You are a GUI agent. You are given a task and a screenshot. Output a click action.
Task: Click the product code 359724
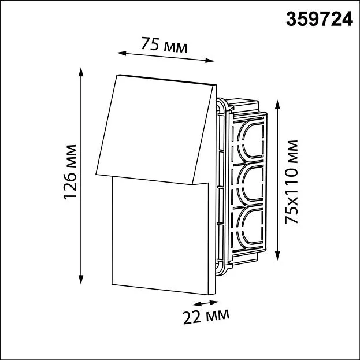pos(319,19)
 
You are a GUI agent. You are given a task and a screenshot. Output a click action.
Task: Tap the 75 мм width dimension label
pos(164,45)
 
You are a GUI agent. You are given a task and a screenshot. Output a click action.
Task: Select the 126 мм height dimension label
pos(70,172)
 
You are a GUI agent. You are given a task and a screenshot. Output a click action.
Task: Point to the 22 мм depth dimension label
pos(206,317)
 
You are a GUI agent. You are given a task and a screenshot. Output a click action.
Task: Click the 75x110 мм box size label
pos(291,182)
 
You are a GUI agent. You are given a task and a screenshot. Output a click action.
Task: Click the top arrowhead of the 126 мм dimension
pos(80,72)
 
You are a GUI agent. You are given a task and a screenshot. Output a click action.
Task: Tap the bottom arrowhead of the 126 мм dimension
pos(80,280)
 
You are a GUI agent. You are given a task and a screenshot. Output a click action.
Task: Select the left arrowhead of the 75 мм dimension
pos(122,54)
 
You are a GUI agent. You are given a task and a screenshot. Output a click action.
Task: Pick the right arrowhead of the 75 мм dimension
pos(210,61)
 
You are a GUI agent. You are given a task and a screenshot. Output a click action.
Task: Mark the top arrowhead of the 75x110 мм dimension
pos(277,105)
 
